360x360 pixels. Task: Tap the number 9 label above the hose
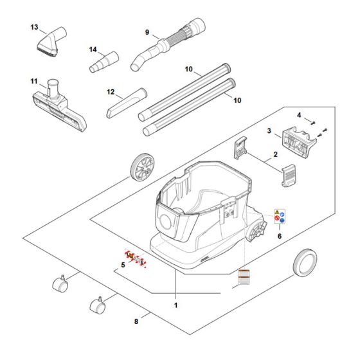pyautogui.click(x=147, y=32)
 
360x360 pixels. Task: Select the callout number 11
pyautogui.click(x=34, y=82)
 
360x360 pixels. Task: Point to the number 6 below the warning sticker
pyautogui.click(x=279, y=236)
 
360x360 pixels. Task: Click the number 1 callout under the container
pyautogui.click(x=175, y=305)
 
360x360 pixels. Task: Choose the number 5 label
pyautogui.click(x=122, y=265)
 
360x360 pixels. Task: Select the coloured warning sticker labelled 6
pyautogui.click(x=280, y=219)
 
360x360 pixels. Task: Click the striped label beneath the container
pyautogui.click(x=244, y=278)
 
